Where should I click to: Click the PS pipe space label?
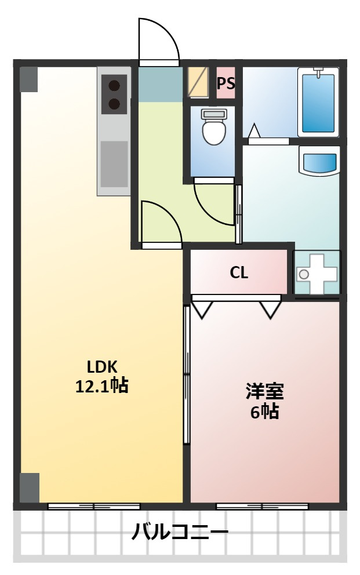click(x=226, y=83)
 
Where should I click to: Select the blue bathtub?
click(x=318, y=103)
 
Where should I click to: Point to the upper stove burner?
click(x=114, y=86)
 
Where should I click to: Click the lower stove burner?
click(x=114, y=104)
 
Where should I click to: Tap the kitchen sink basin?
click(x=114, y=164)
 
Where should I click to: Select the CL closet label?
click(x=239, y=272)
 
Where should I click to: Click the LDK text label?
click(x=101, y=367)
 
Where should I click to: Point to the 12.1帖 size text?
click(x=101, y=386)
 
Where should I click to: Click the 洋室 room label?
click(x=265, y=392)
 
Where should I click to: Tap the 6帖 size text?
click(x=265, y=412)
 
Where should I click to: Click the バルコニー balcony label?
click(x=180, y=532)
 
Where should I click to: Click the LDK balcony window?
click(x=94, y=507)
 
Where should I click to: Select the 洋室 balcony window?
click(x=262, y=507)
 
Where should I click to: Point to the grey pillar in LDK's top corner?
click(x=29, y=79)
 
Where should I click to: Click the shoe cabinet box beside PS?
click(x=198, y=82)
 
